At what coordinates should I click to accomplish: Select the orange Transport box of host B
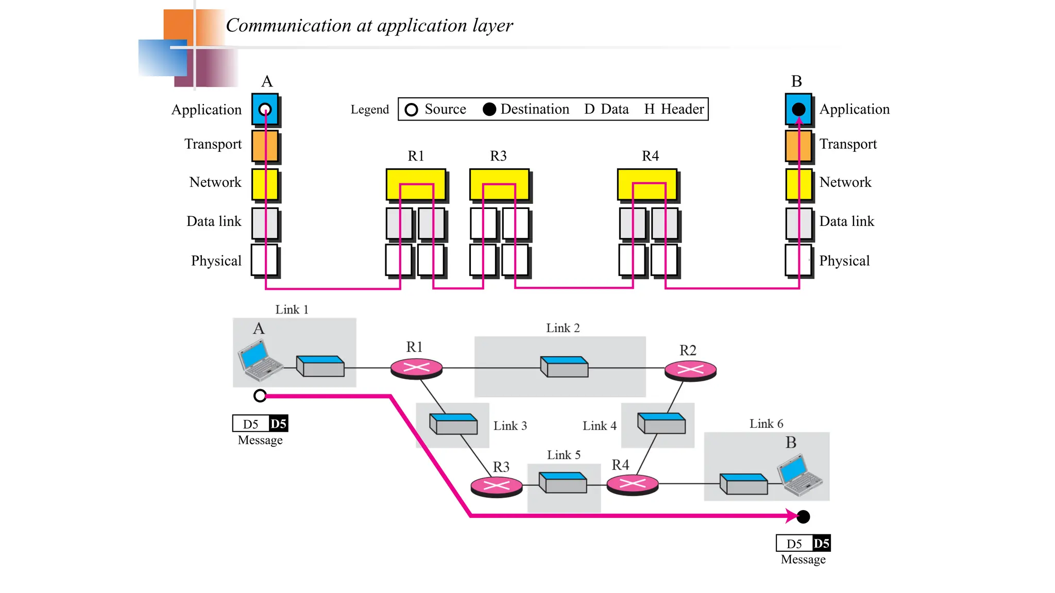[798, 146]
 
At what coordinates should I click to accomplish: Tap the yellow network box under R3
[499, 184]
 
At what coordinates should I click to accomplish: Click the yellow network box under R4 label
[647, 184]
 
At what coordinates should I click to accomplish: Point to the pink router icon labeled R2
[690, 370]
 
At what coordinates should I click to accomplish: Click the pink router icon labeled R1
[416, 368]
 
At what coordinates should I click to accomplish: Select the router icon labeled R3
[497, 485]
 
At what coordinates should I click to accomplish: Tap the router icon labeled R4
[633, 484]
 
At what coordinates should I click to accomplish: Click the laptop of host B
[799, 475]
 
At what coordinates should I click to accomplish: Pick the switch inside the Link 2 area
[564, 366]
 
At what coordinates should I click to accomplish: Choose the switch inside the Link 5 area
[563, 482]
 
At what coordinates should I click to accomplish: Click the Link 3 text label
[510, 426]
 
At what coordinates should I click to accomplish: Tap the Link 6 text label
[766, 424]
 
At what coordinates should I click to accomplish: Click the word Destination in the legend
[535, 109]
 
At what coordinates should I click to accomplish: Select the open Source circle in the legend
[411, 110]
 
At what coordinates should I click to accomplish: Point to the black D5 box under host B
[821, 543]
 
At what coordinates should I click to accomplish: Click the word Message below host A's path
[260, 440]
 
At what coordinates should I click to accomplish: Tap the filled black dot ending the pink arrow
[803, 516]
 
